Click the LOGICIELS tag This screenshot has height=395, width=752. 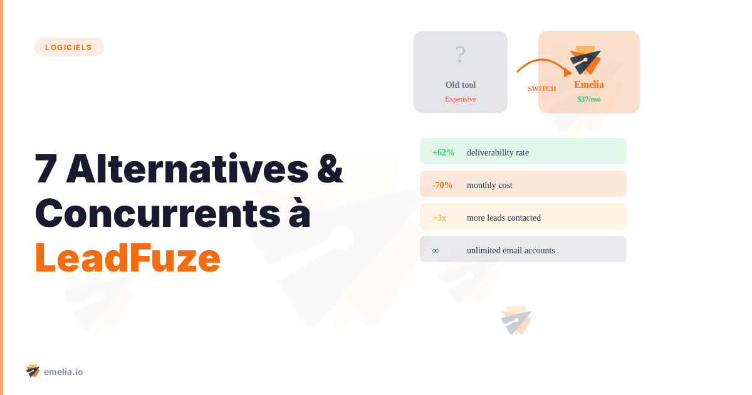69,47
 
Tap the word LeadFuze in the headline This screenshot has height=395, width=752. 127,258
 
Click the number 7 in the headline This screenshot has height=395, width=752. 46,169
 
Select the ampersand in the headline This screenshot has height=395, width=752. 330,169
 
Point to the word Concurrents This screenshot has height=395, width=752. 157,213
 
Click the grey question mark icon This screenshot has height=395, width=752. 461,55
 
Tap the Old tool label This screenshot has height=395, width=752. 461,85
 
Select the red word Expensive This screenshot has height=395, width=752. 461,99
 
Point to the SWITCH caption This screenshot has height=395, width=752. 542,88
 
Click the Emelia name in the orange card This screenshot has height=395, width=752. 589,85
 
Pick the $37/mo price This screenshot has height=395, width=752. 589,99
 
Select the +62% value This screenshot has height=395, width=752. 443,152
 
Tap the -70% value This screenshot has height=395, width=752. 442,185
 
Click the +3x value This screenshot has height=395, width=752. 439,218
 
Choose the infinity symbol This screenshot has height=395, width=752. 436,250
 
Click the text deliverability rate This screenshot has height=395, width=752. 498,152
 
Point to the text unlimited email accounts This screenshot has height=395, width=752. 511,250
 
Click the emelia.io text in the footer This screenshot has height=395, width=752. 63,372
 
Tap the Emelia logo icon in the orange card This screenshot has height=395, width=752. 585,60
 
